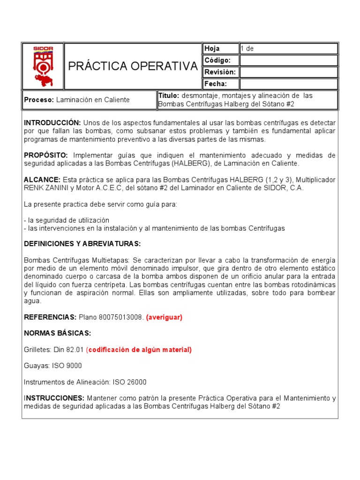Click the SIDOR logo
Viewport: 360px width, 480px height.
click(43, 66)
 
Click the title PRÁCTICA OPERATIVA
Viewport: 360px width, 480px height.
click(133, 66)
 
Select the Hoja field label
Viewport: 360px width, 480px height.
click(212, 49)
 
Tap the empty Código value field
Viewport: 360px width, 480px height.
click(288, 60)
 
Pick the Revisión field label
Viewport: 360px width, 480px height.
click(219, 72)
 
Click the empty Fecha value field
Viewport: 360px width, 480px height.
click(288, 84)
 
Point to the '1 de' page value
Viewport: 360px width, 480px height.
click(247, 49)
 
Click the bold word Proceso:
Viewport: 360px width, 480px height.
click(39, 100)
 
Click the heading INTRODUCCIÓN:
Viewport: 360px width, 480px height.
click(52, 122)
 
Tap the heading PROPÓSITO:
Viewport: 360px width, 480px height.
click(46, 155)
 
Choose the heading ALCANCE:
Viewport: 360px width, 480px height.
click(42, 180)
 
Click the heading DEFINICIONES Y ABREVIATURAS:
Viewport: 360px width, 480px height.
click(82, 244)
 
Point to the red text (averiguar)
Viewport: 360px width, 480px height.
click(164, 317)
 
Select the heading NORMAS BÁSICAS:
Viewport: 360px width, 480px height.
click(57, 333)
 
